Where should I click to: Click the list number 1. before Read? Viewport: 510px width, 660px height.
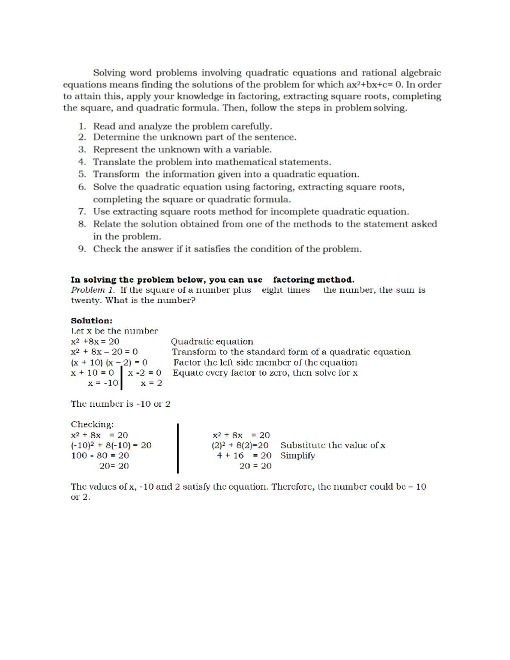82,126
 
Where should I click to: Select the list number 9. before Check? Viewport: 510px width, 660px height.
82,249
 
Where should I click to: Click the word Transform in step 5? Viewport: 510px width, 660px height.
116,174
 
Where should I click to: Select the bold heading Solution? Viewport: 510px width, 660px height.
91,320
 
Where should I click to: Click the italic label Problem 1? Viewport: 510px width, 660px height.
93,290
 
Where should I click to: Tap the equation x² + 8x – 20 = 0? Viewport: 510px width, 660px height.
104,352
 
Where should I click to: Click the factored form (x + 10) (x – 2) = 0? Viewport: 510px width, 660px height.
109,363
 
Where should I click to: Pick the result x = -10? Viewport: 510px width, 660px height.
103,383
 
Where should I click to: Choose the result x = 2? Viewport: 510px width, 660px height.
151,383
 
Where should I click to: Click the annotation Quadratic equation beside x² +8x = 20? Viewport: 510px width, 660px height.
212,342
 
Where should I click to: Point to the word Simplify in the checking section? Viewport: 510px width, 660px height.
297,456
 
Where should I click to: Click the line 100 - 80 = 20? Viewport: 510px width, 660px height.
100,456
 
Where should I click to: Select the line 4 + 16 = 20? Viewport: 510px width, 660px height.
244,456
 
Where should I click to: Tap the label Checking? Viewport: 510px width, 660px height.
92,424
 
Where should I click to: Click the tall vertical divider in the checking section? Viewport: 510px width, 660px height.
178,448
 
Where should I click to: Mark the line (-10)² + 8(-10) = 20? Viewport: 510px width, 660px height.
111,445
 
